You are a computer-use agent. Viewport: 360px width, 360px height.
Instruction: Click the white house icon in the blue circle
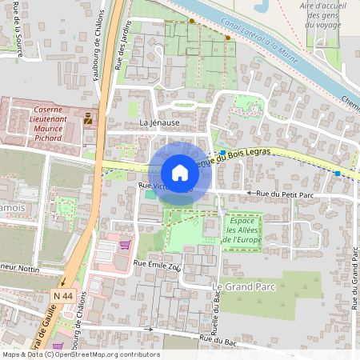pos(180,172)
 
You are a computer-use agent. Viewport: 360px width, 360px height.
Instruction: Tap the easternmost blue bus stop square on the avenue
pos(338,173)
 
